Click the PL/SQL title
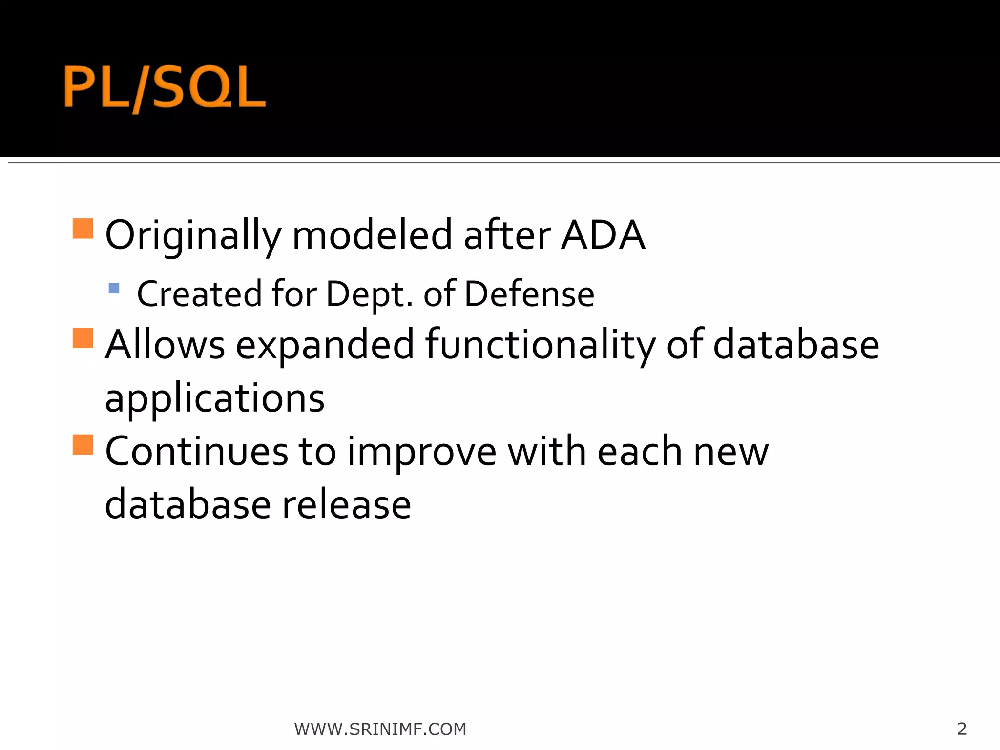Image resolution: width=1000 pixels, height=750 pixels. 165,88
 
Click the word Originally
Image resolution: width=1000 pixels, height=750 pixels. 193,236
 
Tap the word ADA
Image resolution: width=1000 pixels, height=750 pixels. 603,236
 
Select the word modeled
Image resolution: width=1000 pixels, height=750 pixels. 373,236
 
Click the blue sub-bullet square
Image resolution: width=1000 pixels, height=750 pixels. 114,288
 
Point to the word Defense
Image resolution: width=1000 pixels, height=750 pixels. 529,294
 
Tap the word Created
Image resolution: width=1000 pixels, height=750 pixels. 199,294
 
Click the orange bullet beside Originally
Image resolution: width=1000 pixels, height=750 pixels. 83,228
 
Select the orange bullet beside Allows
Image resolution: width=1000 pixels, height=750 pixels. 83,337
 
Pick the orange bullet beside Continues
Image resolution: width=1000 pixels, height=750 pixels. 83,444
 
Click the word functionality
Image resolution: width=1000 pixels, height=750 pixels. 540,345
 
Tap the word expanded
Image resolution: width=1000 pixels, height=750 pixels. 325,345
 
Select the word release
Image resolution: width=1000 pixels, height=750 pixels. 347,505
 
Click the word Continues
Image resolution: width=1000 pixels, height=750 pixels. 196,452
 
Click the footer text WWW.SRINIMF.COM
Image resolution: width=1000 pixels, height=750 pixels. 380,729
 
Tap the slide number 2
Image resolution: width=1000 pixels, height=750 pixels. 961,729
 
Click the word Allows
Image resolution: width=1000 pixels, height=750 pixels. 165,345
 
